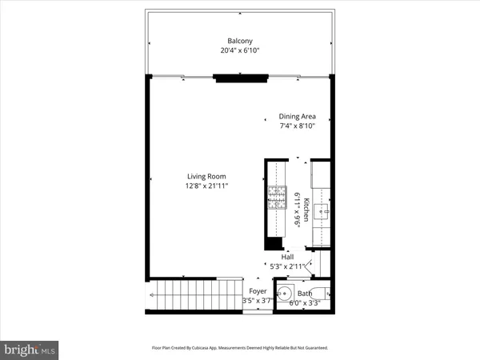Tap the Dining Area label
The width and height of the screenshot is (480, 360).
point(297,116)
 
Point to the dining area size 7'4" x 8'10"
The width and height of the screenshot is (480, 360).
point(297,126)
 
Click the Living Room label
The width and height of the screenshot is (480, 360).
point(206,176)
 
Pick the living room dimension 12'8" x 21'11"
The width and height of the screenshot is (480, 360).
point(206,186)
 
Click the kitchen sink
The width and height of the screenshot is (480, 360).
point(322,212)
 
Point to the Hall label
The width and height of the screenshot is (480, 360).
point(286,257)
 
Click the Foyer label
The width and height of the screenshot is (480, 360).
point(258,291)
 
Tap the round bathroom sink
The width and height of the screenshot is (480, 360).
point(285,293)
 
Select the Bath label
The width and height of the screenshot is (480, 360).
point(304,294)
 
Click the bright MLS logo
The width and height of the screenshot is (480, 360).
point(30,349)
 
